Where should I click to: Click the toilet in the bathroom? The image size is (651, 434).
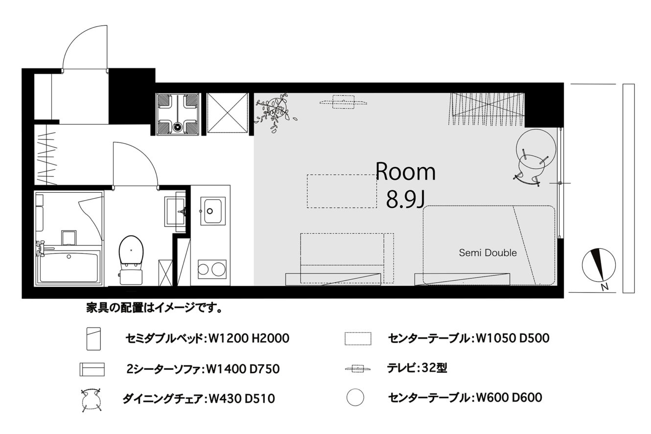[131, 260]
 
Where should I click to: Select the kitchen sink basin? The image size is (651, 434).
[213, 211]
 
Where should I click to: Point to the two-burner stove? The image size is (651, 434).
[212, 269]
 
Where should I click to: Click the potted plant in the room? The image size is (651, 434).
[275, 112]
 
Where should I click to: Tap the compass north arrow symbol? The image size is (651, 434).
[599, 265]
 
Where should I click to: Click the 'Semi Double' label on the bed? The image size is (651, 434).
[488, 253]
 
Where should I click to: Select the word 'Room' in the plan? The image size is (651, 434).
[406, 172]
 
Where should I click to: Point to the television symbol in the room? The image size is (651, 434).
[343, 102]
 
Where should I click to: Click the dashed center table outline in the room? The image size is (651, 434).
[342, 191]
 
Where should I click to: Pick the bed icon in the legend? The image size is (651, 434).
[93, 339]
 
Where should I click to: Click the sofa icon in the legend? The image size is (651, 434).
[92, 369]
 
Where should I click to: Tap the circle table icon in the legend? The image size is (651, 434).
[355, 397]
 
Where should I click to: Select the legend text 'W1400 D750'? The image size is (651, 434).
[243, 369]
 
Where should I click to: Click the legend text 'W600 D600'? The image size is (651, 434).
[509, 397]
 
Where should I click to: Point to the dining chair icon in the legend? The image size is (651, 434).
[92, 400]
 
